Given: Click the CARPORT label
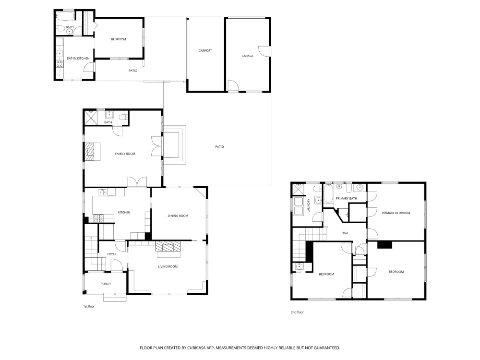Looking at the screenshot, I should [205, 51].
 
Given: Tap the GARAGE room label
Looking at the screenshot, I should [247, 56].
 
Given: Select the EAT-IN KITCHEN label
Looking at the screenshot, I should [78, 59].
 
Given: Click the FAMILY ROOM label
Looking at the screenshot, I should [125, 154].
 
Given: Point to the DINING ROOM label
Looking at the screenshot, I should [178, 216].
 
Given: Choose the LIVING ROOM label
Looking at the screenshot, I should [168, 267].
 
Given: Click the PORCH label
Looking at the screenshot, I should [105, 284].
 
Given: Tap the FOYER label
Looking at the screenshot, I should [112, 254].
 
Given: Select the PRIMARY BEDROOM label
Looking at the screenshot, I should [396, 213].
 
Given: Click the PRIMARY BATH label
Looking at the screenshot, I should [346, 199].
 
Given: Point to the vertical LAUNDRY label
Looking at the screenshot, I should [309, 206].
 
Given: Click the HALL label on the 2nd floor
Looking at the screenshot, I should [345, 233].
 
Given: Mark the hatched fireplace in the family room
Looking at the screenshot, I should [89, 152].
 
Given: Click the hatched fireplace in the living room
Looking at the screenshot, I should [168, 247].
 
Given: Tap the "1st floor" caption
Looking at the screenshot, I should [89, 306].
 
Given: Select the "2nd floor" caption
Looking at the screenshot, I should [297, 312].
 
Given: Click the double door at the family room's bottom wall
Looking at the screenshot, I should [137, 182].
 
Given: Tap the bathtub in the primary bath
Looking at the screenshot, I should [328, 195].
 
